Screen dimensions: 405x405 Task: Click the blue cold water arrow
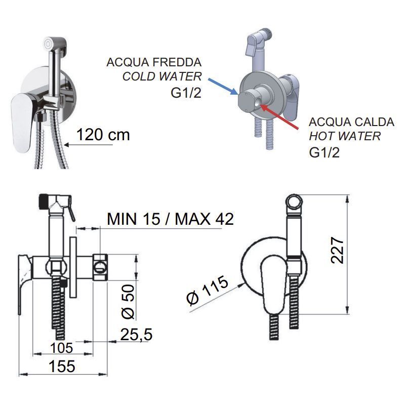223,86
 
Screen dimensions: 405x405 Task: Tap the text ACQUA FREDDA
154,62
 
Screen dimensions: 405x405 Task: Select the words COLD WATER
162,76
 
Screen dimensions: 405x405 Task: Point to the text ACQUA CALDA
351,122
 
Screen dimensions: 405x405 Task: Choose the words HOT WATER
345,136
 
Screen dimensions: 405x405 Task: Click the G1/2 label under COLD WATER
186,93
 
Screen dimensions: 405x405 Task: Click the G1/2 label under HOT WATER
324,152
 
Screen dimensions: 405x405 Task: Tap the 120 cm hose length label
103,135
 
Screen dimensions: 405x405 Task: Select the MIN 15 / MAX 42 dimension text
170,219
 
